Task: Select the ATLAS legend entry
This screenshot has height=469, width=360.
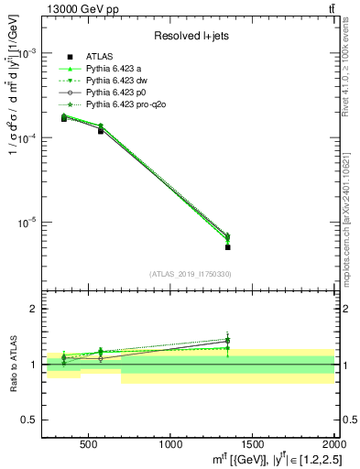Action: (x=100, y=56)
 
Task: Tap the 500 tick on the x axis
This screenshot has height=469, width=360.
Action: (x=89, y=445)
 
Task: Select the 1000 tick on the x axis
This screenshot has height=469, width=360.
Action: (x=171, y=445)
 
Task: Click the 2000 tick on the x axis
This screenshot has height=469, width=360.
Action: (x=332, y=445)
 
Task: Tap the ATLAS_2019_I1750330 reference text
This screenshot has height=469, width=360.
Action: (x=191, y=274)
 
